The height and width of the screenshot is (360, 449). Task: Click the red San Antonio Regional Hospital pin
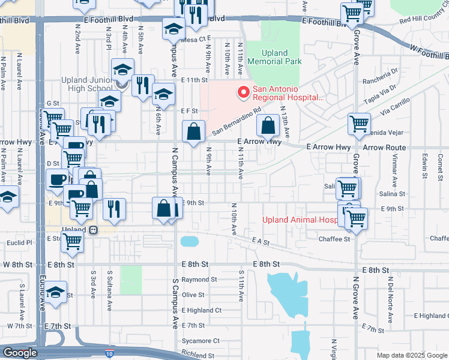[x=243, y=92]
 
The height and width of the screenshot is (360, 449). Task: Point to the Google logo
[x=20, y=353]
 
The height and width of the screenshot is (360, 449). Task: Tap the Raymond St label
[x=199, y=280]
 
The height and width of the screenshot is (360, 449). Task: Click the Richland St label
[x=197, y=354]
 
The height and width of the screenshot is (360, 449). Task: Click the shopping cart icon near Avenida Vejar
[x=359, y=124]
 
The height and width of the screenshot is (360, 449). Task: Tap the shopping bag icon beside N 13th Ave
[x=268, y=126]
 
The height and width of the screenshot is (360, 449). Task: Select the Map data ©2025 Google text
[x=412, y=355]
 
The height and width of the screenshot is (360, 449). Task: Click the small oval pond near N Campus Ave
[x=189, y=241]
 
